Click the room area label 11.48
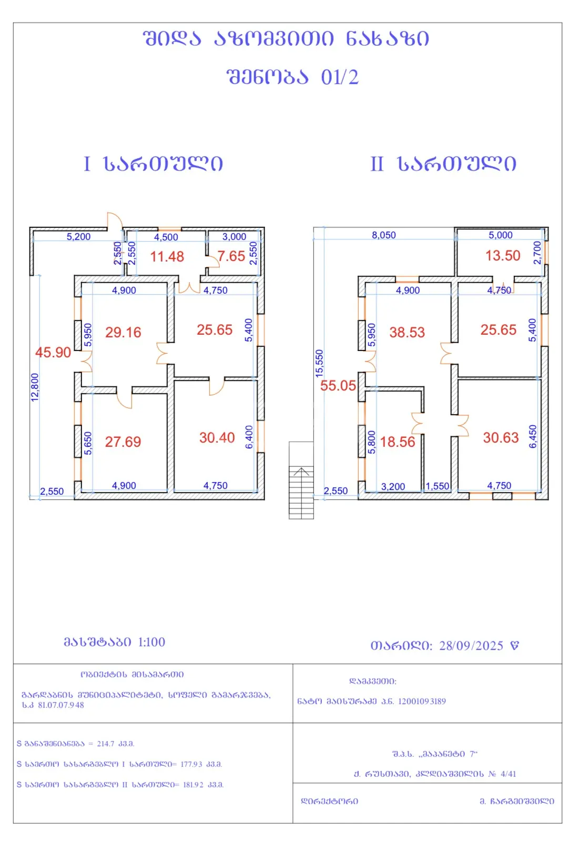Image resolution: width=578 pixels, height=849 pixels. (167, 257)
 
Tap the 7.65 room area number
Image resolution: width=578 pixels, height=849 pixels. (231, 256)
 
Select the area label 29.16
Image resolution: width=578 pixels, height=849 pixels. (123, 333)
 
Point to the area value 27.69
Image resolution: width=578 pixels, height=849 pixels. (123, 442)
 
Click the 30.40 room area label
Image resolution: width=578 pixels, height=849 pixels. (217, 438)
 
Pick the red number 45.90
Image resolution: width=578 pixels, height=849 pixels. (53, 353)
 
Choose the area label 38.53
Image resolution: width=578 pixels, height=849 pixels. (407, 333)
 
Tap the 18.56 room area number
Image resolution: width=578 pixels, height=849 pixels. (398, 442)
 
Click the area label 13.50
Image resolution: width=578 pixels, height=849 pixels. (503, 256)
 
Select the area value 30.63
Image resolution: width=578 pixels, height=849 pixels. (501, 438)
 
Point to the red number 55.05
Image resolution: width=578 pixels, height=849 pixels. (338, 386)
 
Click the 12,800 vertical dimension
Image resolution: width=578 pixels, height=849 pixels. (35, 387)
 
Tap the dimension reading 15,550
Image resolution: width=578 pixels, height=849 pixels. (319, 364)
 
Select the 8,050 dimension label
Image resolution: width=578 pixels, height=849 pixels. (384, 235)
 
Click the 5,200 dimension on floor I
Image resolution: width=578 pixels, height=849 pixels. (79, 236)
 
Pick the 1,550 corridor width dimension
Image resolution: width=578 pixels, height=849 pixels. (438, 486)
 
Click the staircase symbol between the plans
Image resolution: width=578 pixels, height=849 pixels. (301, 480)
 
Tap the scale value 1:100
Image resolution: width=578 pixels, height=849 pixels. (151, 642)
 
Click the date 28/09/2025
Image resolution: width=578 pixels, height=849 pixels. (471, 645)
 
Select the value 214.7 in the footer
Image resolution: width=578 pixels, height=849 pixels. (106, 744)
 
